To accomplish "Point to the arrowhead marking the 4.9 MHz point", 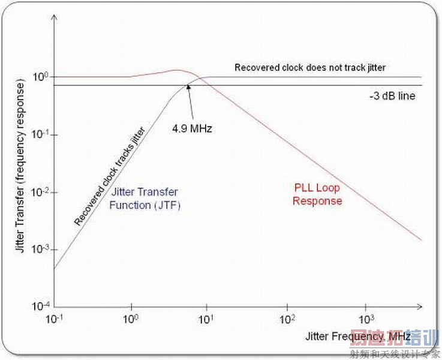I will (x=188, y=86).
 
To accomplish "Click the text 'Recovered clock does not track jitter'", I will (x=309, y=68).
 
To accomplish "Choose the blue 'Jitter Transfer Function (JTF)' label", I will (x=145, y=198).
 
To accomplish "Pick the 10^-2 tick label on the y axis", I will (x=40, y=192).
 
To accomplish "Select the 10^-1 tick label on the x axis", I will (x=54, y=317).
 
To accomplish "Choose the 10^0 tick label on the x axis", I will (x=131, y=317).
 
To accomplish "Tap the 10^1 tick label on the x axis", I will (x=206, y=317).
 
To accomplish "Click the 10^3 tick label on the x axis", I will (x=365, y=317).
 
